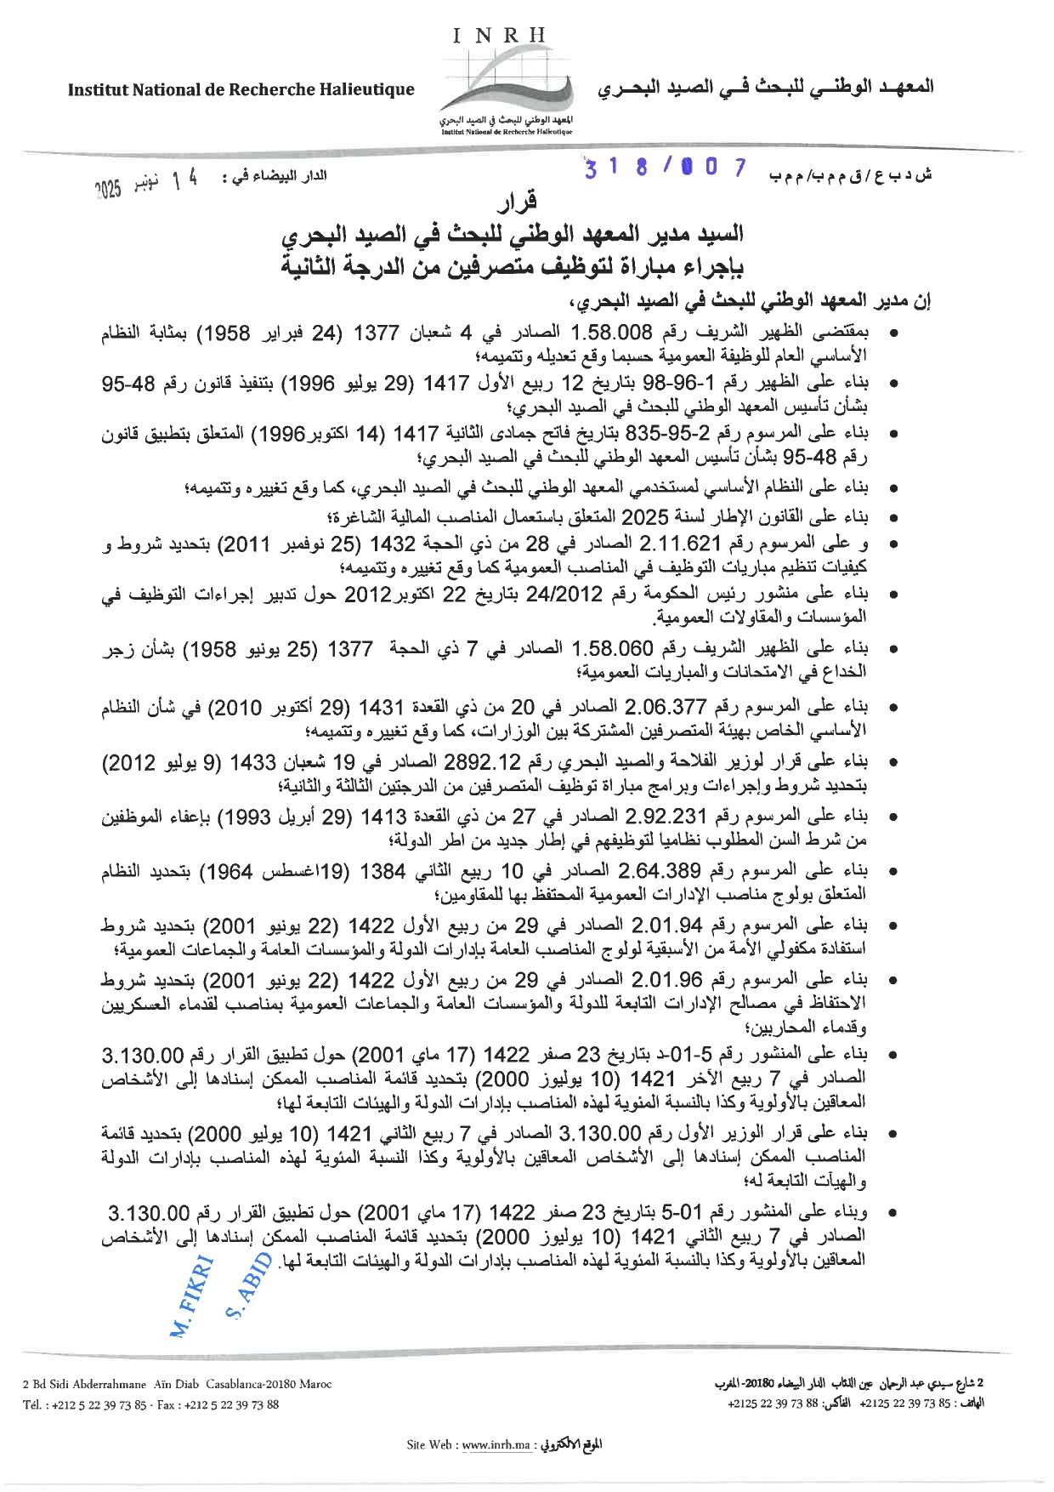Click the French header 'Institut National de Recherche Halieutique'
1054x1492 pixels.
click(x=241, y=89)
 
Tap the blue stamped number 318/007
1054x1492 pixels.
click(x=665, y=168)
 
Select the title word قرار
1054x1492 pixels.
click(x=518, y=202)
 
